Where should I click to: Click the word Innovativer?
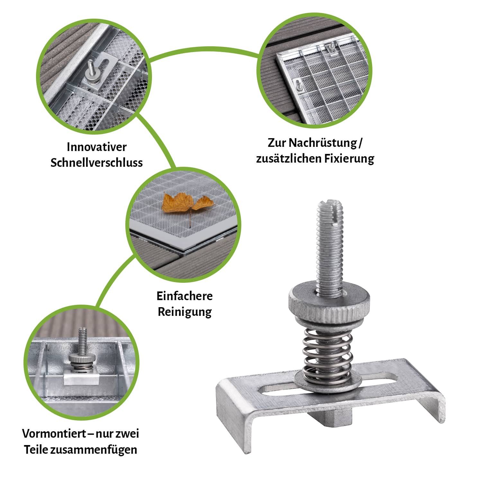click(x=97, y=147)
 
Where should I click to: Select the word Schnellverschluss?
click(x=97, y=163)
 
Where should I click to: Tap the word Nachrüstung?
click(x=323, y=143)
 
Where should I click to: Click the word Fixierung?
click(x=348, y=159)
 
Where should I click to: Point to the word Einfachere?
click(x=184, y=296)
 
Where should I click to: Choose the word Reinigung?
click(x=184, y=312)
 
